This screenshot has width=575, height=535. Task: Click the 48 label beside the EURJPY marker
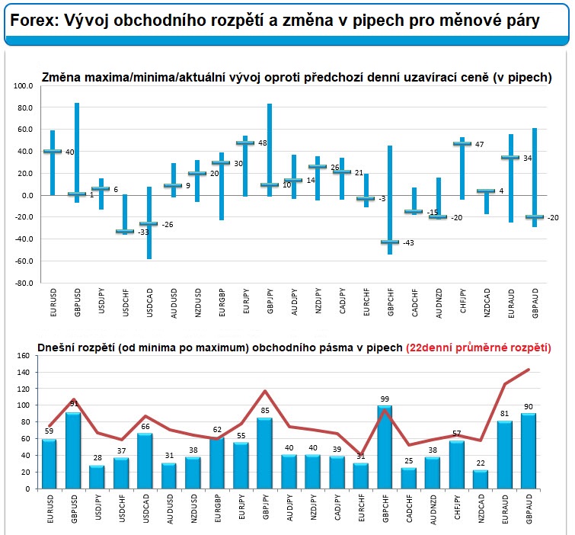pos(263,143)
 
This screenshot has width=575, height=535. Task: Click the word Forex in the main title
pos(33,21)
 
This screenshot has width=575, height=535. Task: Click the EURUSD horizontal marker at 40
pos(52,152)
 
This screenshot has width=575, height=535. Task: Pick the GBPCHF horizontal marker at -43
pos(390,242)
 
